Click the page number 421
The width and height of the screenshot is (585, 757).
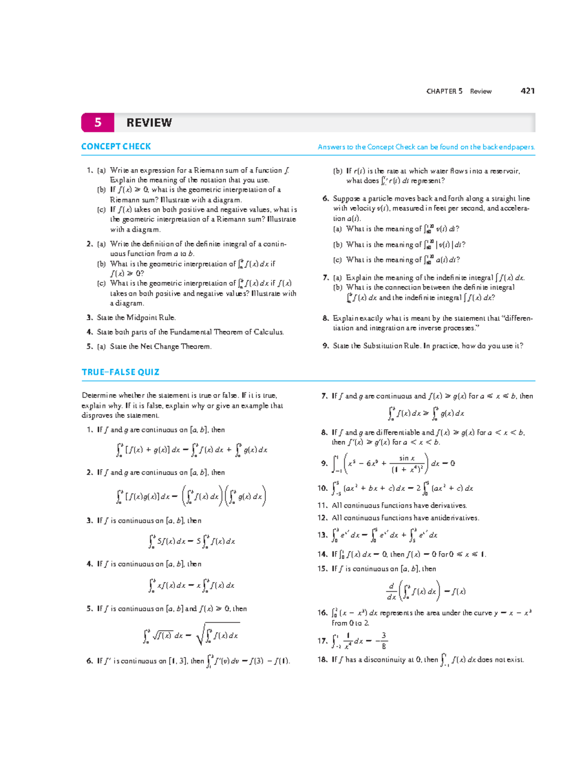pyautogui.click(x=527, y=91)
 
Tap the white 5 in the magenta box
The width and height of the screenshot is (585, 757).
pyautogui.click(x=98, y=122)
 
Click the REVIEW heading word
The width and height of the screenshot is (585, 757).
pyautogui.click(x=149, y=123)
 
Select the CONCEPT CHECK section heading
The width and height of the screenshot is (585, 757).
pyautogui.click(x=116, y=147)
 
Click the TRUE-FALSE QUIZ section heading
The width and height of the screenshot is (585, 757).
pyautogui.click(x=120, y=372)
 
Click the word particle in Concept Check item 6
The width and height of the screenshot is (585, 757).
pyautogui.click(x=375, y=199)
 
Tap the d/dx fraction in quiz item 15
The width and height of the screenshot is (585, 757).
pyautogui.click(x=391, y=591)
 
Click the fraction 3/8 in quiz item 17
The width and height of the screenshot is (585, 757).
pyautogui.click(x=384, y=641)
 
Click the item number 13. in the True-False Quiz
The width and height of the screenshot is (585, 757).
pyautogui.click(x=322, y=535)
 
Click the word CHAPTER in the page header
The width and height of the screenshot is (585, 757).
pyautogui.click(x=441, y=91)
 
